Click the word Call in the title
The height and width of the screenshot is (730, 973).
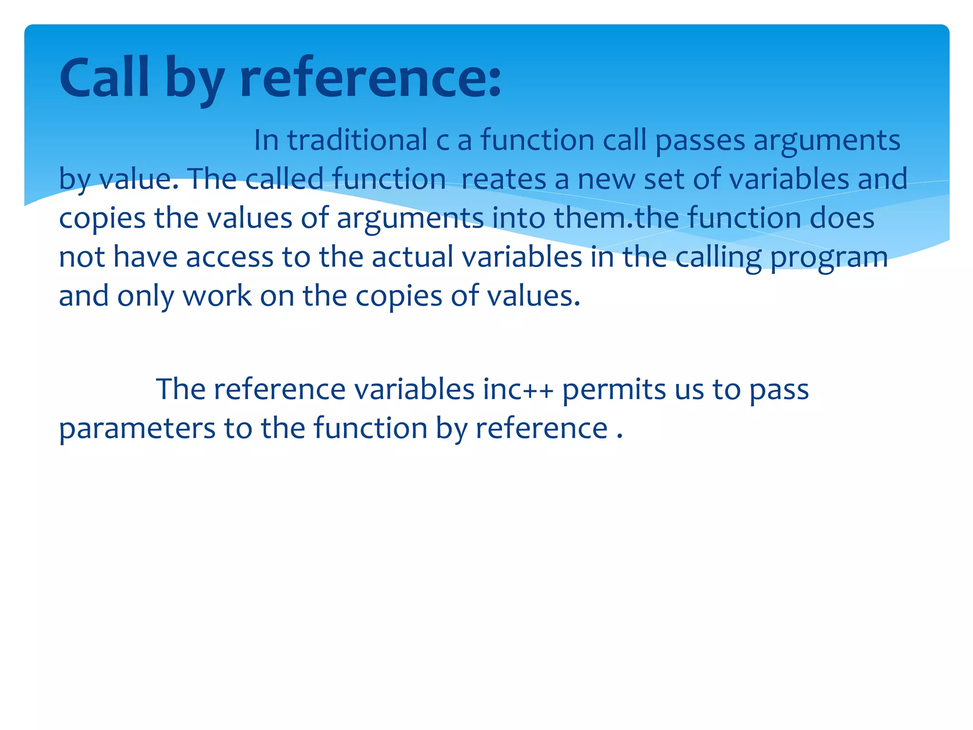[104, 77]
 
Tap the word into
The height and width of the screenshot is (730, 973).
[518, 218]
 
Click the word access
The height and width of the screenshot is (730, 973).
[229, 257]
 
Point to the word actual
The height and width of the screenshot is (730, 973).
[412, 257]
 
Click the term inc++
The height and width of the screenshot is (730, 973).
[518, 390]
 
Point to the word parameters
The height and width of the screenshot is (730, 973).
[137, 429]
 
